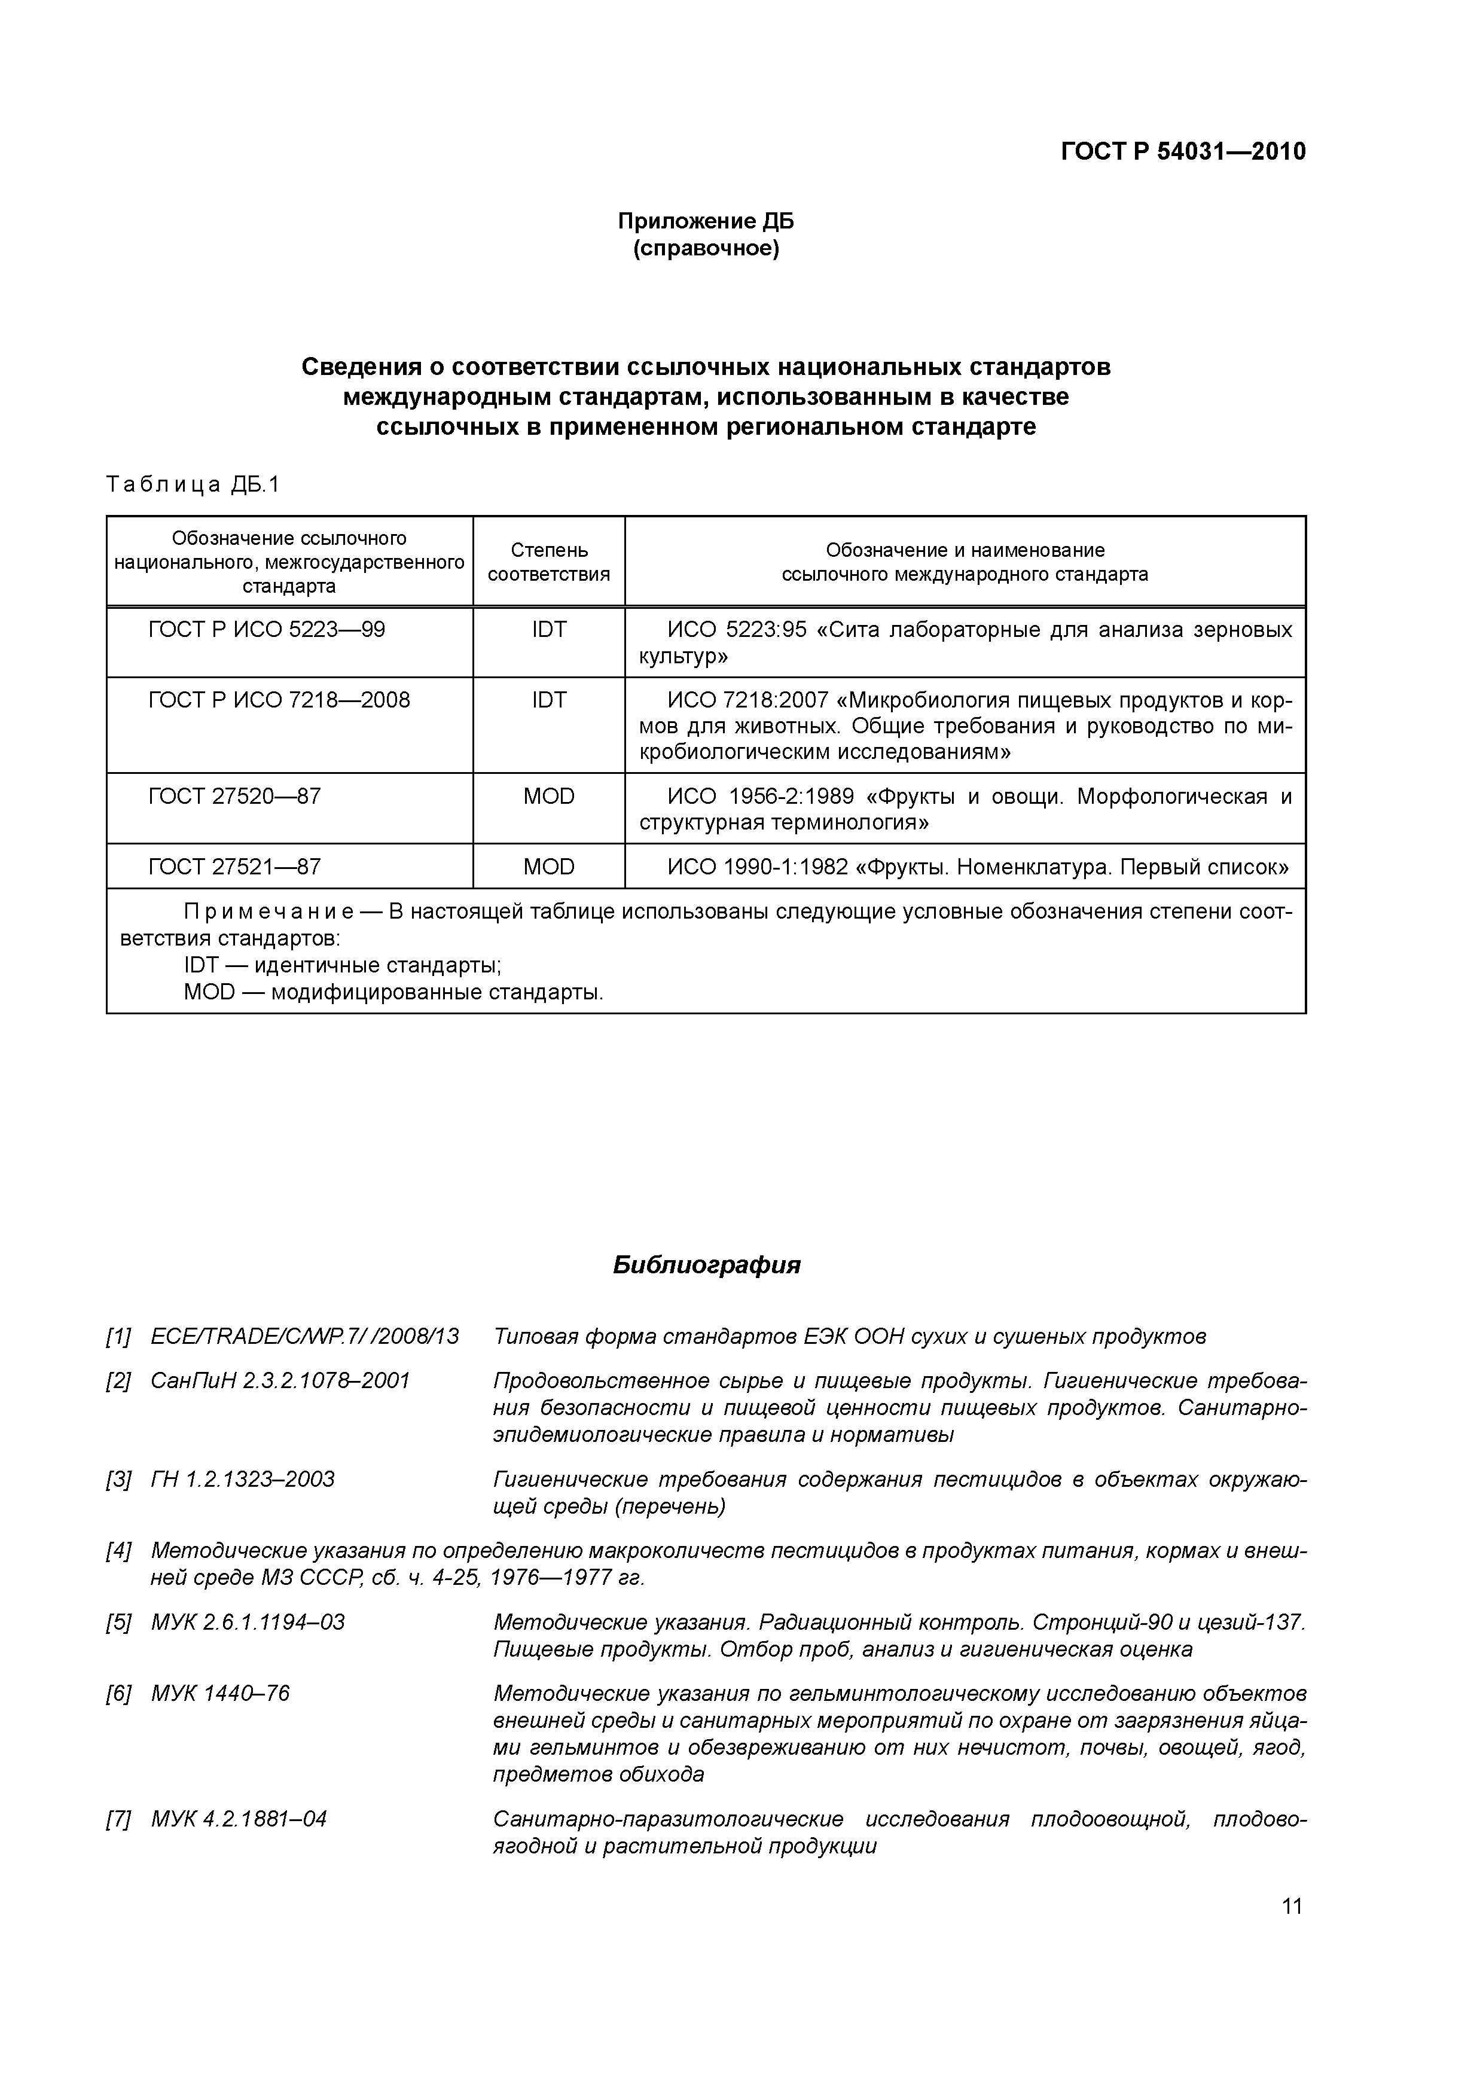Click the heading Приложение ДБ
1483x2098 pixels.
point(706,221)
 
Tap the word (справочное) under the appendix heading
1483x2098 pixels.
point(706,249)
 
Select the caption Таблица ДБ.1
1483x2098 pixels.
point(193,484)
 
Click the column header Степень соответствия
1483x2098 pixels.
point(548,562)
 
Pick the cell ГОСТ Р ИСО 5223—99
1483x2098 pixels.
point(266,630)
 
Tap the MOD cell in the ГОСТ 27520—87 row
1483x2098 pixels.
point(548,796)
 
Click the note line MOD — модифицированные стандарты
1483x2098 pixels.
point(393,992)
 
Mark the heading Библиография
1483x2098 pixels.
point(706,1265)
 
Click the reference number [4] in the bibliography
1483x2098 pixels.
point(119,1551)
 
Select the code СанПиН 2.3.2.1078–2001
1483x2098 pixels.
point(280,1381)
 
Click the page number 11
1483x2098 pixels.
point(1291,1906)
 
